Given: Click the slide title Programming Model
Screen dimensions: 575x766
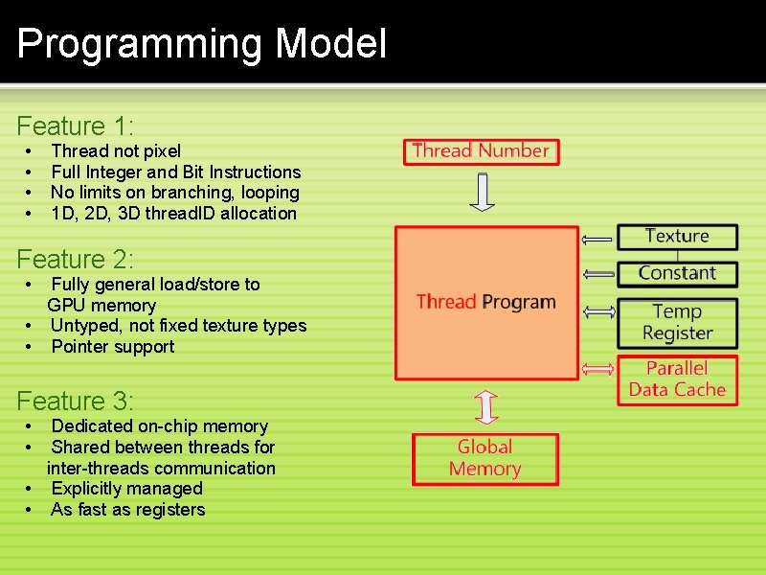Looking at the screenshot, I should click(x=202, y=44).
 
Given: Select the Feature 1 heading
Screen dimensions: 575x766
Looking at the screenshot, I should click(x=76, y=126).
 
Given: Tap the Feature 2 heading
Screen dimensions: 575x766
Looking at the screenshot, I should click(x=76, y=259).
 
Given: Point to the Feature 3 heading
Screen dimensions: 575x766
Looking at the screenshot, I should click(x=76, y=401).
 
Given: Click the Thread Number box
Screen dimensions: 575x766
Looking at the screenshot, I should click(x=481, y=150).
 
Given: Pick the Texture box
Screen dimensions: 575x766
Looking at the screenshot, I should click(x=677, y=236).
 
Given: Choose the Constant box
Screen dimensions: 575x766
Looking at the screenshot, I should click(x=677, y=273).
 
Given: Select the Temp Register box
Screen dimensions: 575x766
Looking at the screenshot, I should click(x=677, y=322).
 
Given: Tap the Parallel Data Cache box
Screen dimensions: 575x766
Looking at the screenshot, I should click(x=677, y=379).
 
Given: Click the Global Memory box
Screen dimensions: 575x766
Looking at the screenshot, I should click(x=484, y=458).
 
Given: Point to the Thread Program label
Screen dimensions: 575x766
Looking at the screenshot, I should click(x=485, y=302).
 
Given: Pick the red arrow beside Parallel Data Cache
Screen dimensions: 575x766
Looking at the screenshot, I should click(x=599, y=369).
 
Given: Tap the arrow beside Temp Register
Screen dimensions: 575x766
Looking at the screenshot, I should click(x=599, y=312).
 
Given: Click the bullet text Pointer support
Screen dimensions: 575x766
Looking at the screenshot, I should click(x=113, y=347).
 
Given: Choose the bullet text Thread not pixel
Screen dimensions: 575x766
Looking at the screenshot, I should click(x=116, y=150).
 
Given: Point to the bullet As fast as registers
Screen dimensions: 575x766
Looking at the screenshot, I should click(x=128, y=510).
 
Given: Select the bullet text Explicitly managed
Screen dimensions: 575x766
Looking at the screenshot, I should click(x=126, y=489).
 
